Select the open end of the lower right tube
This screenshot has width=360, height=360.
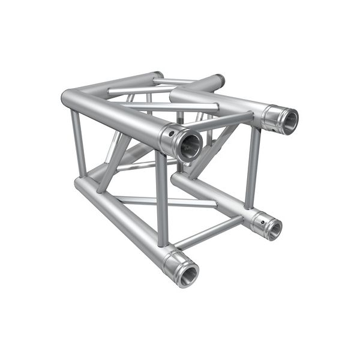[274, 227]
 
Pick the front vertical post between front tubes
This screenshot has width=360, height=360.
[161, 198]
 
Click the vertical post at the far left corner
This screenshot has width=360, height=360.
[78, 144]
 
